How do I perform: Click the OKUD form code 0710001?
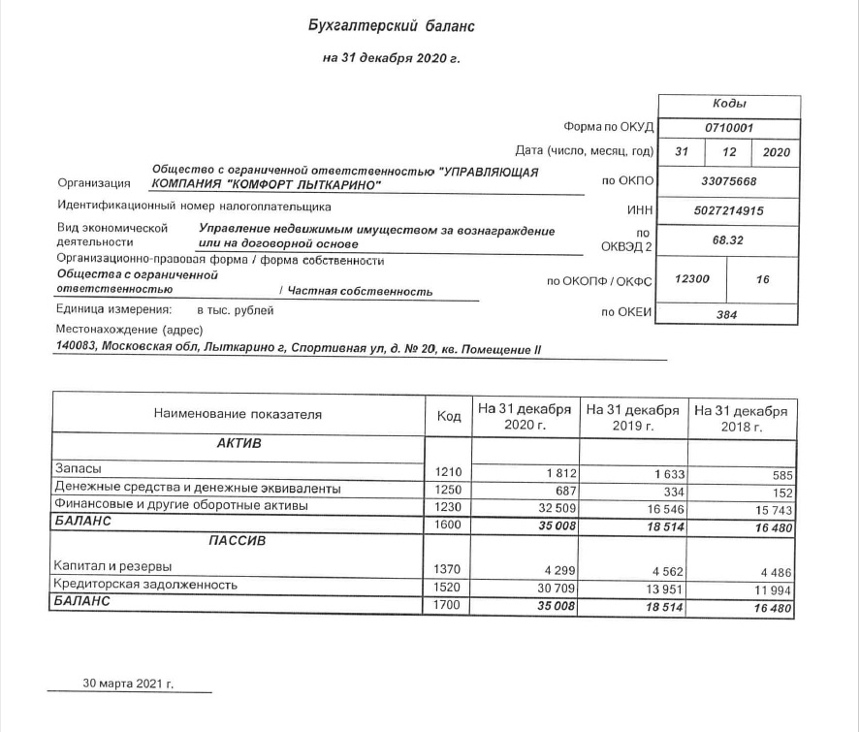pyautogui.click(x=729, y=127)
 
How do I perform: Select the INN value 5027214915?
pyautogui.click(x=729, y=210)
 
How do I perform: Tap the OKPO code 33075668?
pyautogui.click(x=729, y=180)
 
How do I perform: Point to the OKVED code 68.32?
pyautogui.click(x=729, y=239)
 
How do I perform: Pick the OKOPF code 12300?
pyautogui.click(x=692, y=279)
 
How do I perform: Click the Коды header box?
pyautogui.click(x=729, y=104)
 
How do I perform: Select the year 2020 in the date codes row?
pyautogui.click(x=777, y=152)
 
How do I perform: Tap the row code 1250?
pyautogui.click(x=449, y=490)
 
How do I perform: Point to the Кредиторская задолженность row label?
pyautogui.click(x=146, y=585)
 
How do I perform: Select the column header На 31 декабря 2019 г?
pyautogui.click(x=633, y=417)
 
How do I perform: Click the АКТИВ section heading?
pyautogui.click(x=239, y=443)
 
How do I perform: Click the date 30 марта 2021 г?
pyautogui.click(x=128, y=683)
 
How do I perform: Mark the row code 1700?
pyautogui.click(x=449, y=606)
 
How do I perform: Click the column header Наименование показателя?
pyautogui.click(x=238, y=414)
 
